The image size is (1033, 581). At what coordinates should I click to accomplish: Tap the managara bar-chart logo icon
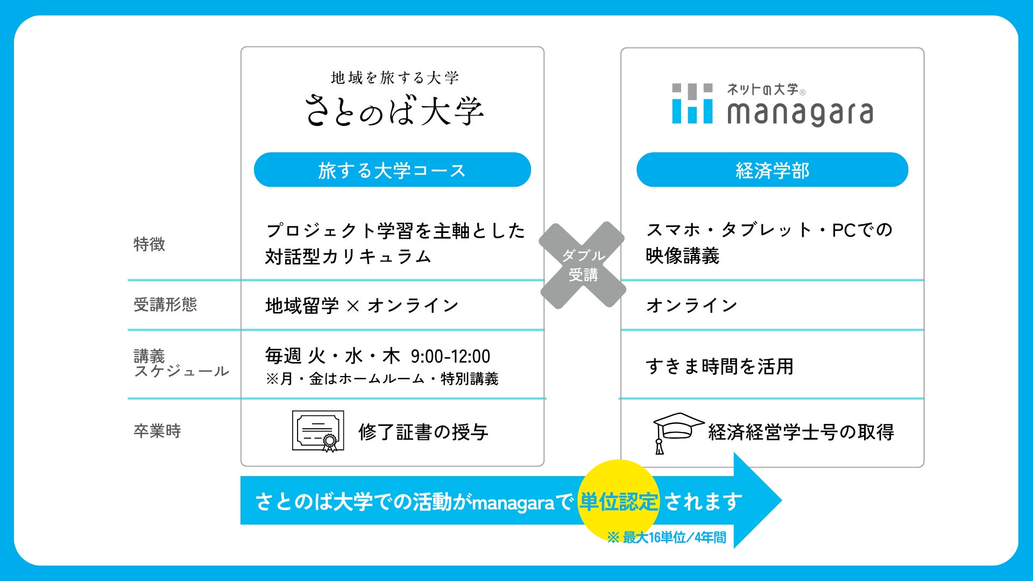692,103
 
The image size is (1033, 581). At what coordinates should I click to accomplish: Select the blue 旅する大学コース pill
392,170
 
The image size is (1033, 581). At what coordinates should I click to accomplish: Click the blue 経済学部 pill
772,170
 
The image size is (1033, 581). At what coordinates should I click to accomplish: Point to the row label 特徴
149,244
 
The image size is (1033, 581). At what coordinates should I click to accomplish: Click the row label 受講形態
165,304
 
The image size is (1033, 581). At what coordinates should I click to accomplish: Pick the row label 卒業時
157,431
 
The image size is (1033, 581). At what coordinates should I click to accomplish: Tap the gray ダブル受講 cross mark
583,265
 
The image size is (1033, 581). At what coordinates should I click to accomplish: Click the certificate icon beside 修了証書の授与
318,431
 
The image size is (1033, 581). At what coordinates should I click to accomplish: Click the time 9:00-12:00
450,356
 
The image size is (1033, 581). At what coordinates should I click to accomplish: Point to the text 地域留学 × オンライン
362,306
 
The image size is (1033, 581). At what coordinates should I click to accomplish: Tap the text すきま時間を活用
719,366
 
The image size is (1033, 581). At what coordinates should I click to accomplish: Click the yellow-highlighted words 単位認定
618,501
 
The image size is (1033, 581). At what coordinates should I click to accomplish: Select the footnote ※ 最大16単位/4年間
667,537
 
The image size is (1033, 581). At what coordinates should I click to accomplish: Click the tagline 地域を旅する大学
394,78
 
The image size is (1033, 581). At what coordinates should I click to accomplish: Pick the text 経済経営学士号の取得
801,431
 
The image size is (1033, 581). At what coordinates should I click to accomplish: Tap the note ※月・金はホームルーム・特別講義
382,379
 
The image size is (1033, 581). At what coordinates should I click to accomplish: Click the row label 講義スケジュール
181,364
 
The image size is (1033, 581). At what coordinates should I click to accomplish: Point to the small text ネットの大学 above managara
762,89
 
